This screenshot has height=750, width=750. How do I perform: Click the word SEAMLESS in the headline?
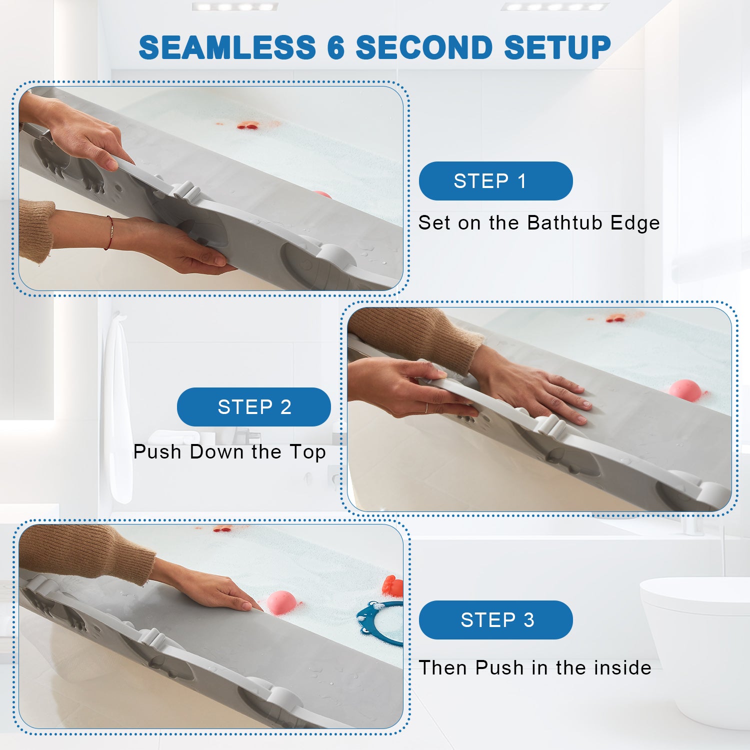[x=227, y=47]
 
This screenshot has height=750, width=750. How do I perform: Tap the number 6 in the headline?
[x=336, y=47]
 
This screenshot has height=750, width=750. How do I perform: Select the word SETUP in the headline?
[x=557, y=47]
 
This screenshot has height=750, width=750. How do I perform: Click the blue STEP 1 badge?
[x=495, y=181]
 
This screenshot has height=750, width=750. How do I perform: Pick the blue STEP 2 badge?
[x=254, y=407]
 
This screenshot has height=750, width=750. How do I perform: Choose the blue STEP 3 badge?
[x=495, y=620]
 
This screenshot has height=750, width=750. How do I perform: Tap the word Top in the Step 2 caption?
[x=307, y=452]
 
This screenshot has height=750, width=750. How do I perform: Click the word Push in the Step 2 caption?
[x=157, y=451]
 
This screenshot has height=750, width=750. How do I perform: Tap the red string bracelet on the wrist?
[x=109, y=233]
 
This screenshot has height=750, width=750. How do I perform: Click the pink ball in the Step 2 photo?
[x=685, y=390]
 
